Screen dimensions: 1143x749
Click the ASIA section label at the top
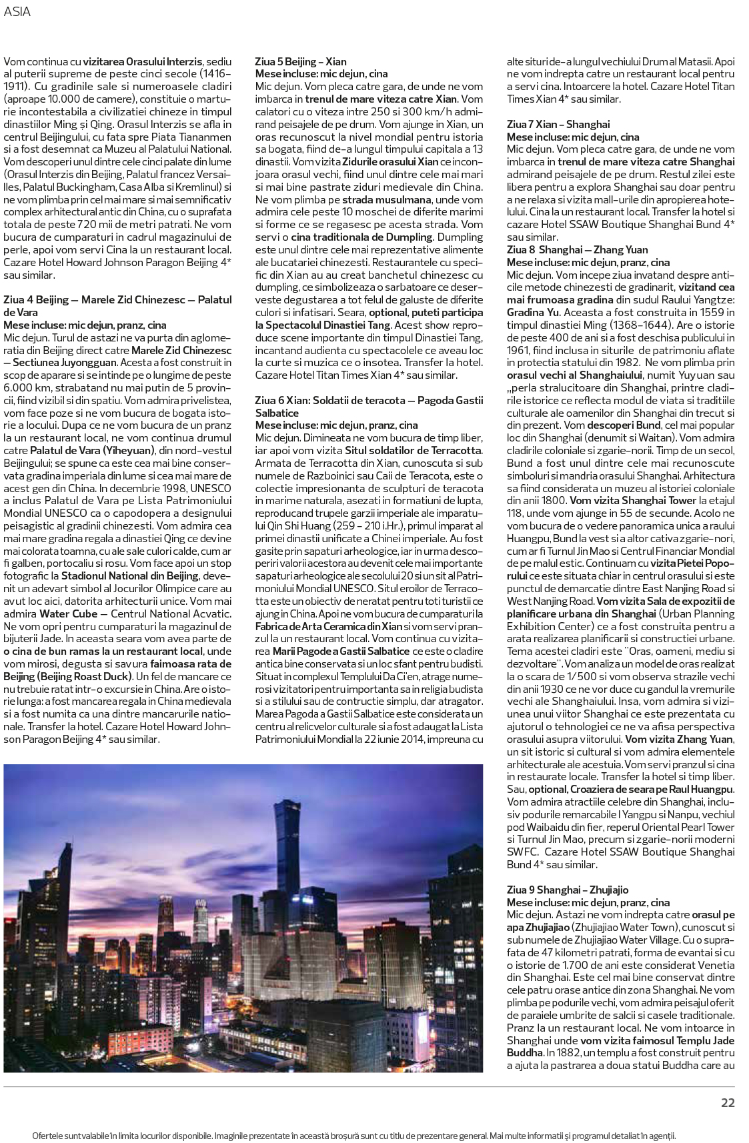pyautogui.click(x=17, y=12)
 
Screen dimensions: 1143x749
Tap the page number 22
pyautogui.click(x=728, y=1102)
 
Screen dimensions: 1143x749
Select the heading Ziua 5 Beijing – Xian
pyautogui.click(x=301, y=61)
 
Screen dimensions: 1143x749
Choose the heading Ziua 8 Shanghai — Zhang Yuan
pyautogui.click(x=577, y=249)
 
